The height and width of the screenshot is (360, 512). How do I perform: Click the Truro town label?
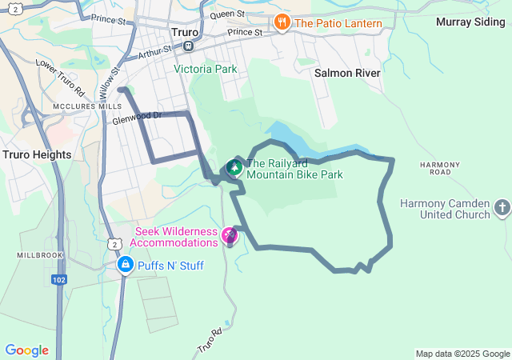tap(184, 33)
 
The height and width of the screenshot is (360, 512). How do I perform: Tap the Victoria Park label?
tap(206, 69)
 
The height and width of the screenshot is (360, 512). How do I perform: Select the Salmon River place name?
tap(347, 73)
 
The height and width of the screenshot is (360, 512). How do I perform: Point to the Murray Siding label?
tap(470, 22)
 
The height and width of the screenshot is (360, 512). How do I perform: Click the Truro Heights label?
tap(37, 154)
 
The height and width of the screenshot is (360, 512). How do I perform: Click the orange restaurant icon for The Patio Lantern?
tap(281, 22)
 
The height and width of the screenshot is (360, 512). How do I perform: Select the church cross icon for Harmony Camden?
tap(502, 209)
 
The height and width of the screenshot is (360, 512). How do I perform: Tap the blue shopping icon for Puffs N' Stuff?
tap(125, 264)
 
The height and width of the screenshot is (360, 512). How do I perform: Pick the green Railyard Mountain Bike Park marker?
tap(234, 167)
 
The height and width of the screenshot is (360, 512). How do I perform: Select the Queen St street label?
tap(227, 14)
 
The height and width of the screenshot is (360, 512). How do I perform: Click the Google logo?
tap(26, 350)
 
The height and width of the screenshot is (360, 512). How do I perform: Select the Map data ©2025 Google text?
tap(462, 354)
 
